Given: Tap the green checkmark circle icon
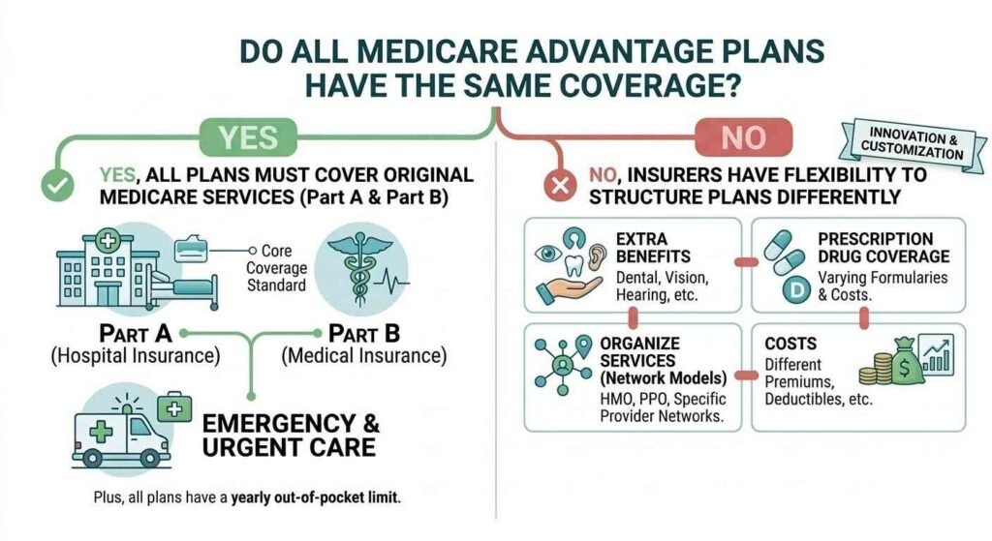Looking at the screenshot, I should click(x=56, y=186).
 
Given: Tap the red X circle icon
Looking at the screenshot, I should click(x=558, y=186).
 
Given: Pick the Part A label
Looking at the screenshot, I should click(x=136, y=333).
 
